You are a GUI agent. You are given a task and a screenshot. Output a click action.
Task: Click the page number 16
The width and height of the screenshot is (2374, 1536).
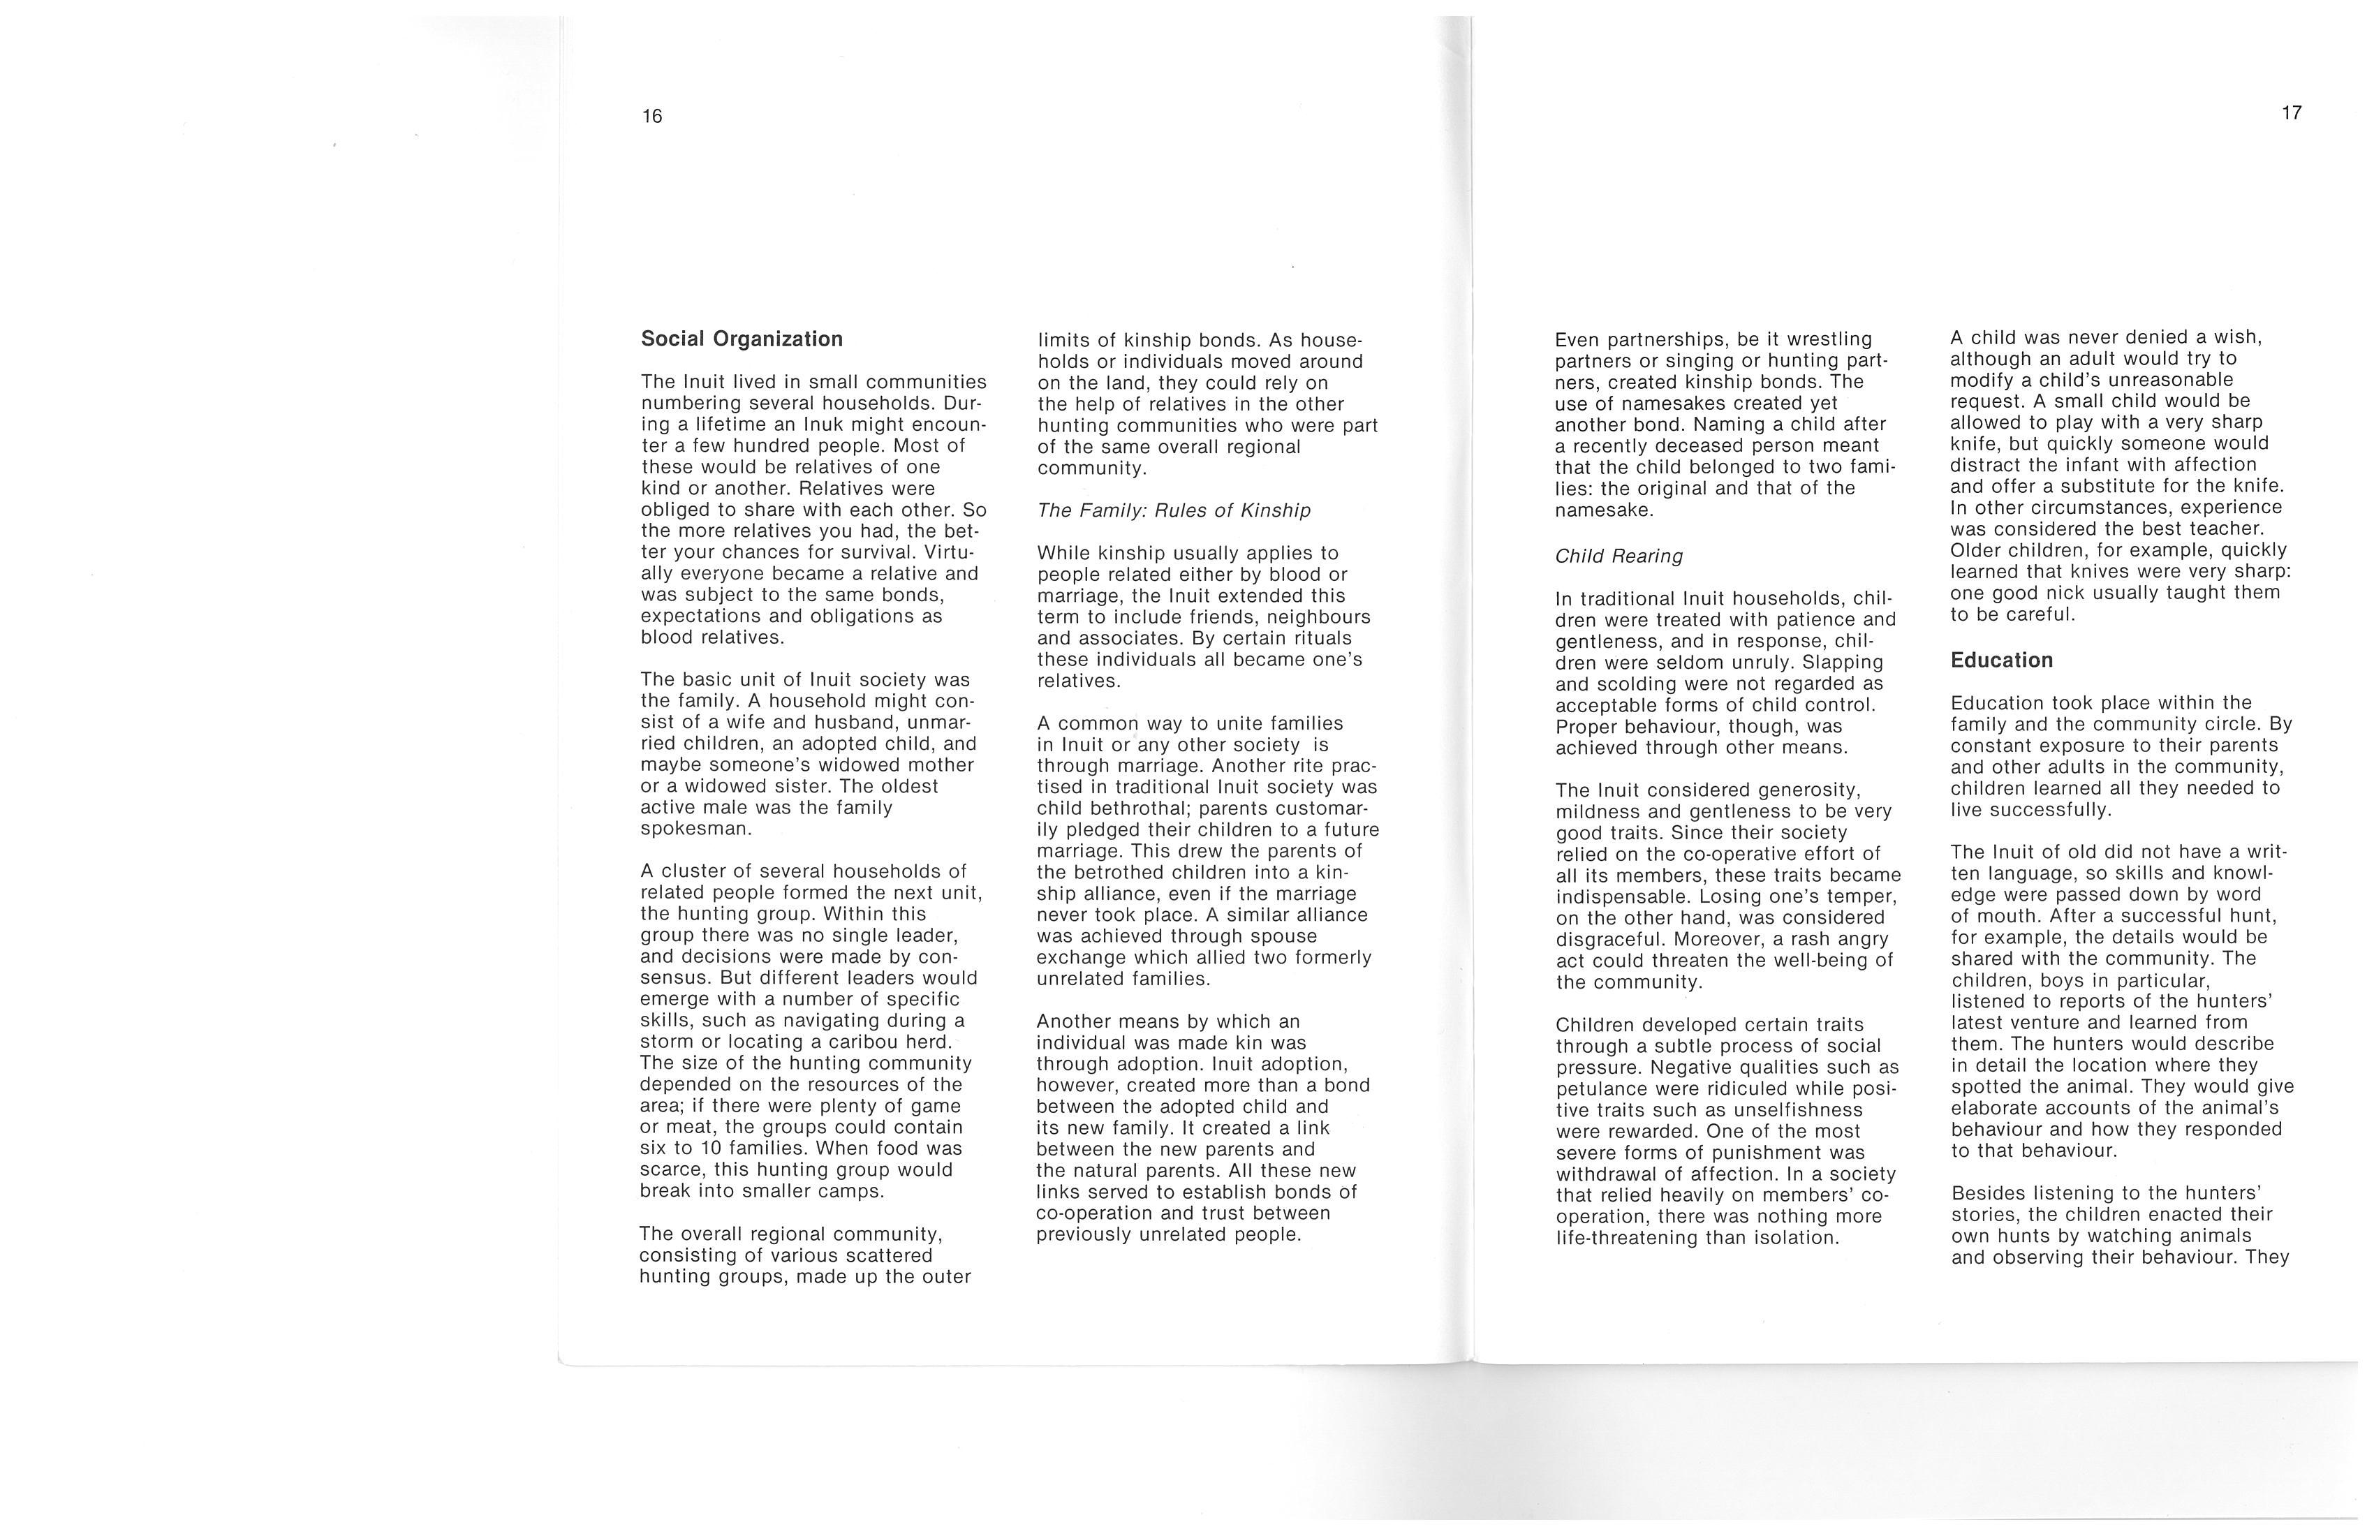[651, 117]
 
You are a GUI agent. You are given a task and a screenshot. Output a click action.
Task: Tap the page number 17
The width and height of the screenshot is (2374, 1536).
[2292, 112]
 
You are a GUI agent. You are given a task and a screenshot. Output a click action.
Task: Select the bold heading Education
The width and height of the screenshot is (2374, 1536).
[2001, 660]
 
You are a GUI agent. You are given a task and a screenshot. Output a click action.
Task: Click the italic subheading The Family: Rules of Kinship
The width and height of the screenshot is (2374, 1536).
[1173, 510]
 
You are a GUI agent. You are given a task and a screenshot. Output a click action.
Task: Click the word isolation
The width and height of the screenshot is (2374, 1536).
[1794, 1239]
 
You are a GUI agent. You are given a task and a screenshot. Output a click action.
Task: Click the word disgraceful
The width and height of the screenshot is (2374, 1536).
[1610, 940]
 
